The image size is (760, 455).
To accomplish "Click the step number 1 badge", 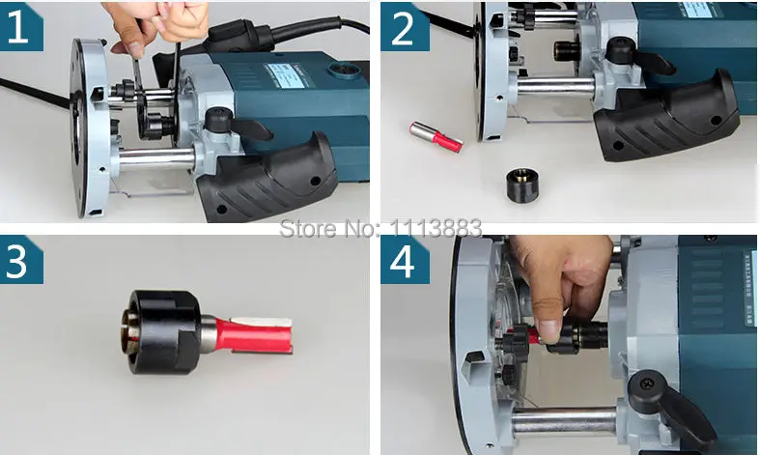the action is [20, 27].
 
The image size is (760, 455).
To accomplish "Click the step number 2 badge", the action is [404, 27].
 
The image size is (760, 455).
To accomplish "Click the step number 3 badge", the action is [20, 260].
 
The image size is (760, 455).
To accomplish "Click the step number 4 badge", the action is [404, 260].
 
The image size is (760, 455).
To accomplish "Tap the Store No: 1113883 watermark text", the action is [380, 228].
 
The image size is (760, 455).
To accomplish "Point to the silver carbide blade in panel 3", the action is [261, 322].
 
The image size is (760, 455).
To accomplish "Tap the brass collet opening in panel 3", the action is [127, 333].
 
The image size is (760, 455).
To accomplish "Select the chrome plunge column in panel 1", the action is [156, 160].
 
